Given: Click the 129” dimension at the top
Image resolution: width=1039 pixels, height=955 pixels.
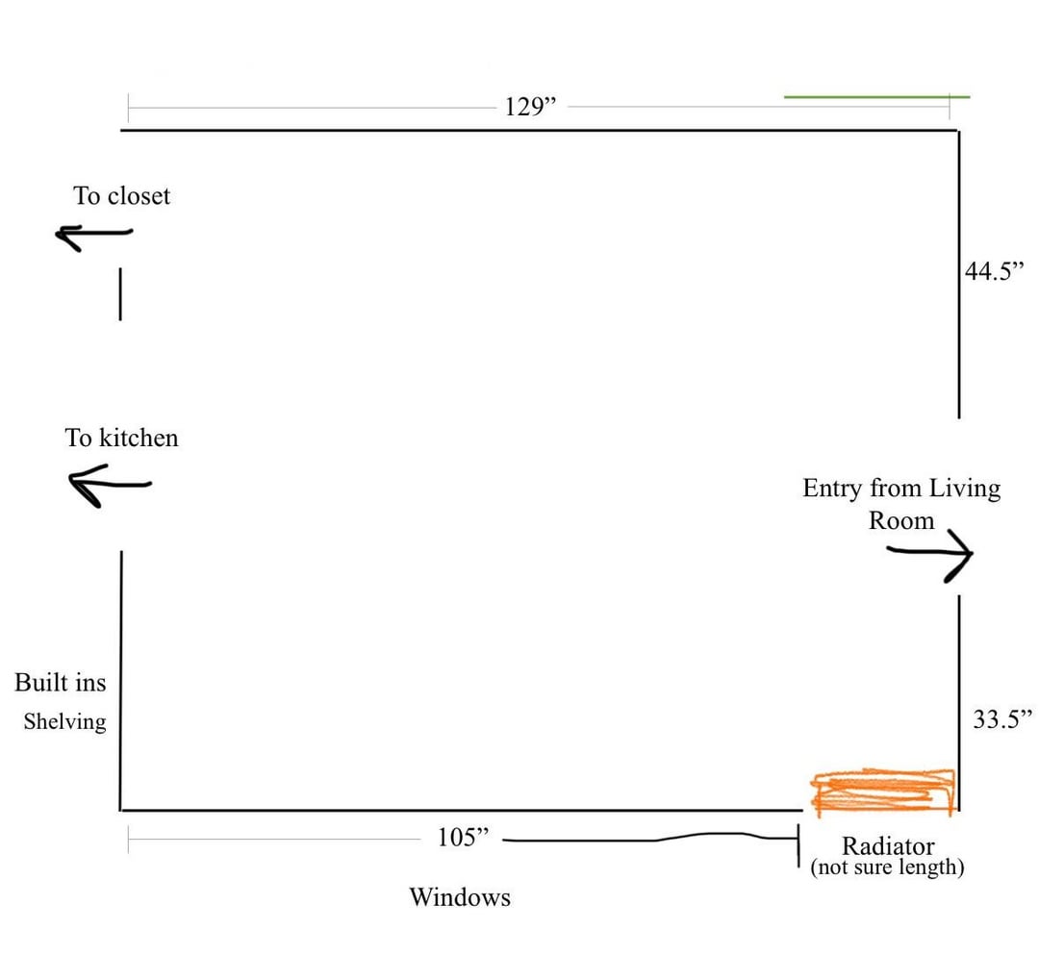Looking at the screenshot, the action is tap(530, 107).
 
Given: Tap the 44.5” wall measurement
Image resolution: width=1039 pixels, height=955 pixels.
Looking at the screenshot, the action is tap(994, 271).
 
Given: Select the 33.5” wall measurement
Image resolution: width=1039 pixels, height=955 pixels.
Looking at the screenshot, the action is tap(1002, 719).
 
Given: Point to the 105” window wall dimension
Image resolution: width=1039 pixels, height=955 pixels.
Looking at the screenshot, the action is tap(463, 837).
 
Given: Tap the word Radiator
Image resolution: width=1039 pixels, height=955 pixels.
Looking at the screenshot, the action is tap(888, 845).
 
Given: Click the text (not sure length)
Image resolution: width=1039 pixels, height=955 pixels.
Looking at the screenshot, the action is tap(887, 867).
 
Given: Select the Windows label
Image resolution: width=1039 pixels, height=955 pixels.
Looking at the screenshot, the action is tap(460, 897).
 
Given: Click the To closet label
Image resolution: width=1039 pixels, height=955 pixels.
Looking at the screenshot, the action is tap(121, 196).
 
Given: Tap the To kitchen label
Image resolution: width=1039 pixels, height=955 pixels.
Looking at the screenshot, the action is tap(121, 438).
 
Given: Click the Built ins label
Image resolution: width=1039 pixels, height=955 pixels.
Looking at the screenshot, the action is tap(61, 683).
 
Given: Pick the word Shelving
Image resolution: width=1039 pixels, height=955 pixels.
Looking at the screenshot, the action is tap(65, 721).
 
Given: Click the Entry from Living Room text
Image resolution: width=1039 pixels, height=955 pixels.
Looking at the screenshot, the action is tap(901, 504).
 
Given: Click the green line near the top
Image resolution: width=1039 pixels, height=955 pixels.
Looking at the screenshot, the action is tap(876, 97).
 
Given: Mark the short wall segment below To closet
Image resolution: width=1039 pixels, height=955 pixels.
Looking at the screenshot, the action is tap(120, 294).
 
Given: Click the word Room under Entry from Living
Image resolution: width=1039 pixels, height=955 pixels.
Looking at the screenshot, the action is tap(901, 520).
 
